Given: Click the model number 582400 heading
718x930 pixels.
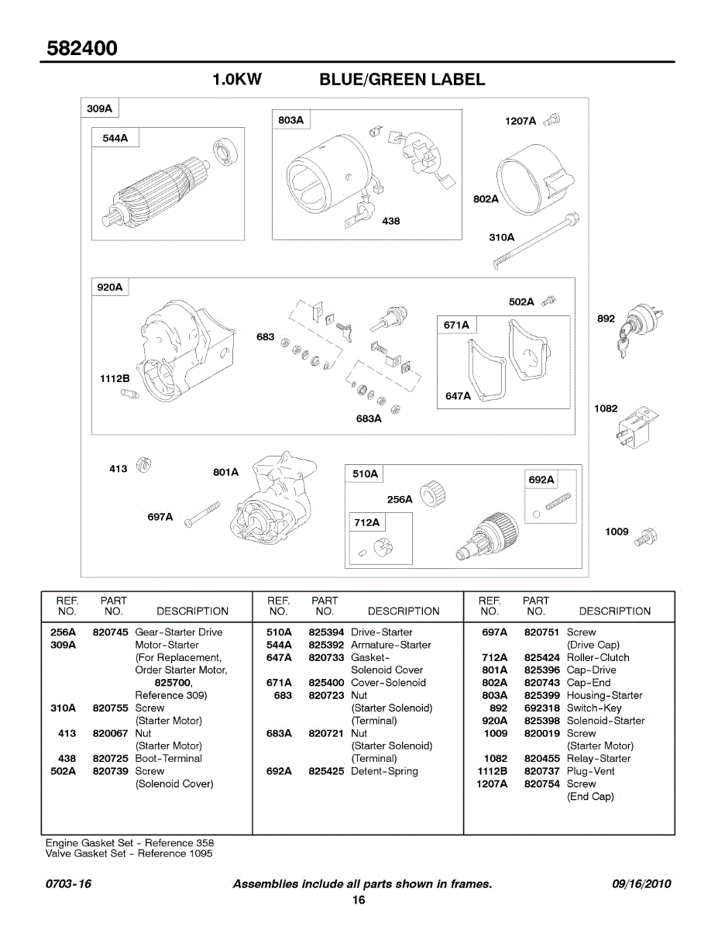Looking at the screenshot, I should (82, 48).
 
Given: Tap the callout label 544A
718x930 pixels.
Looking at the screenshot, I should (115, 139).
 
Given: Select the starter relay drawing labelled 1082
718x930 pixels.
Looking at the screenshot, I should (640, 422).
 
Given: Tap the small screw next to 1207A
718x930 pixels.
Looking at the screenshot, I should (552, 120).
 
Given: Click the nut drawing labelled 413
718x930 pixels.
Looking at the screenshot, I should (143, 467).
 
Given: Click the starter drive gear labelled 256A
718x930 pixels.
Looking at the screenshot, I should (432, 494).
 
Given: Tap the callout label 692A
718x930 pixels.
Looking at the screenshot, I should (541, 480).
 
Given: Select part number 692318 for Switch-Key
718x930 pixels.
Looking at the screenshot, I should (541, 708).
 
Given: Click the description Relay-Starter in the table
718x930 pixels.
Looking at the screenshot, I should (599, 759).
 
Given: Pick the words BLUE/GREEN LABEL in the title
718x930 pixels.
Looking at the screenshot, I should (402, 80).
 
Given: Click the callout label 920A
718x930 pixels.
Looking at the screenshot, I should (110, 288).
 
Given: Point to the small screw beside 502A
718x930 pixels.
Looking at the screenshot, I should (549, 301).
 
